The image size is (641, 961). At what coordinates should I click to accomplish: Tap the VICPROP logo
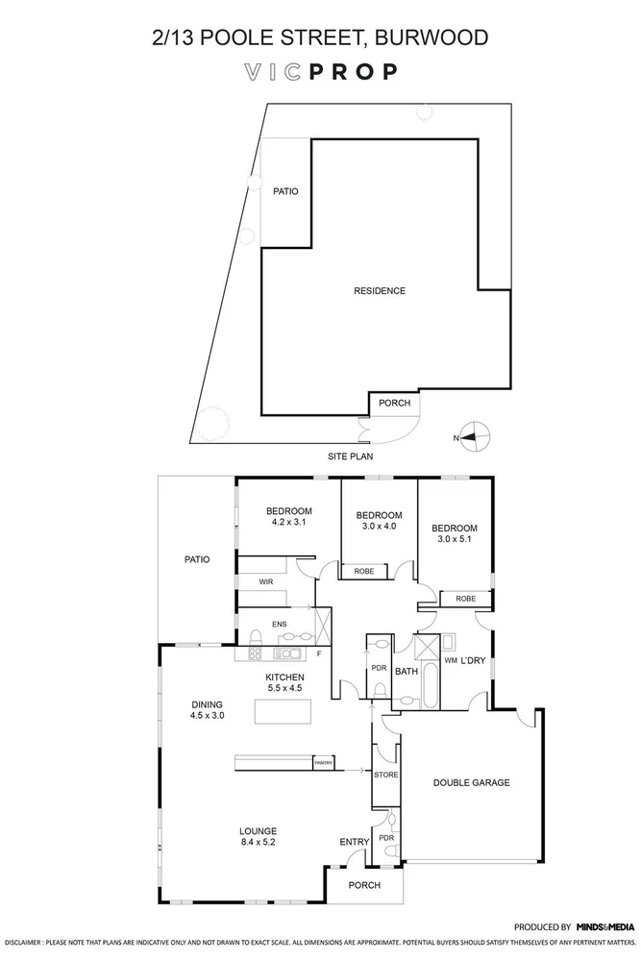[320, 72]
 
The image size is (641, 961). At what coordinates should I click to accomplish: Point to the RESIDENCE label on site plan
[379, 291]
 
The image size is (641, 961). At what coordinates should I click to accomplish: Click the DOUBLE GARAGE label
[471, 783]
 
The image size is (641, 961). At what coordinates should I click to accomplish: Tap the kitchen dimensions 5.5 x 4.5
[284, 688]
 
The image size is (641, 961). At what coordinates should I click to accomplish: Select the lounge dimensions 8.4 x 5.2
[259, 844]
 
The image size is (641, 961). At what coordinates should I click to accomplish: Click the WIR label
[266, 582]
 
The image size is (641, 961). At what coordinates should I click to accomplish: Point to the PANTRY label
[324, 763]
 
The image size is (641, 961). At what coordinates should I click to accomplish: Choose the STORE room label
[386, 775]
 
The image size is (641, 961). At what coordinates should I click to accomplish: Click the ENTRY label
[354, 843]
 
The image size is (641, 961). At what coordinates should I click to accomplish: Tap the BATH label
[407, 671]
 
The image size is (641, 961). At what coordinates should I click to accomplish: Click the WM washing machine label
[449, 660]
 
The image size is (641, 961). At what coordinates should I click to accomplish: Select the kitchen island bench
[284, 712]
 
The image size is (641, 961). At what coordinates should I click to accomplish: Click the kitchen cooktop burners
[257, 654]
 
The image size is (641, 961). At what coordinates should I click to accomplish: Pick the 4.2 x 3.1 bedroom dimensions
[289, 522]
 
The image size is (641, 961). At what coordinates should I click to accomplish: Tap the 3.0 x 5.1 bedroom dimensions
[454, 540]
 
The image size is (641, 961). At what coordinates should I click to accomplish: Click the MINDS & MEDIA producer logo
[604, 926]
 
